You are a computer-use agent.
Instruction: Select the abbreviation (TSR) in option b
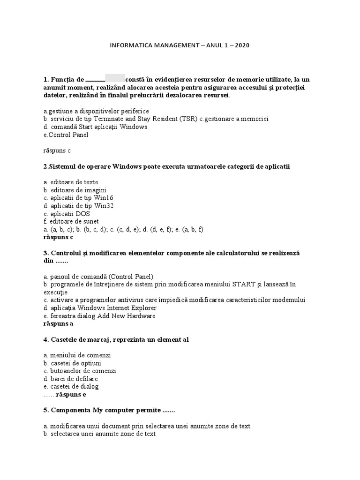pos(187,119)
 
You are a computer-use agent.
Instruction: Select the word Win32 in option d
pos(104,206)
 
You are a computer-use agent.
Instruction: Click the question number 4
pos(45,339)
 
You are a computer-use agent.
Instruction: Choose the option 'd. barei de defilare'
pos(70,379)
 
